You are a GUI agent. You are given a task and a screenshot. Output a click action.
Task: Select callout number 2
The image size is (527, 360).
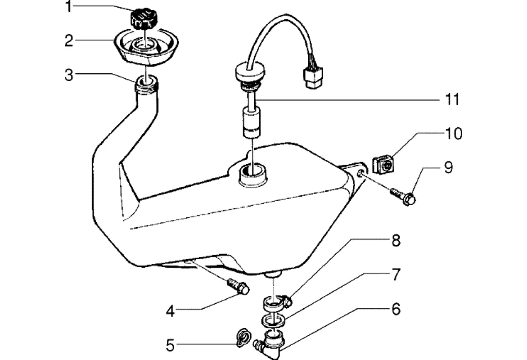pyautogui.click(x=69, y=41)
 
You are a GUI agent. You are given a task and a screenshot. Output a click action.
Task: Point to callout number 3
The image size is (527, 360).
pyautogui.click(x=68, y=75)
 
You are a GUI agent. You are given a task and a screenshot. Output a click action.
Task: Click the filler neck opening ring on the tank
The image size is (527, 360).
pyautogui.click(x=147, y=82)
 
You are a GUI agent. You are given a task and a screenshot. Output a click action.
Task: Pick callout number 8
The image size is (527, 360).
pyautogui.click(x=395, y=240)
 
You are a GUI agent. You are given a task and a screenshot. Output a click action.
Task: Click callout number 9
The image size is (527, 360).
pyautogui.click(x=448, y=168)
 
